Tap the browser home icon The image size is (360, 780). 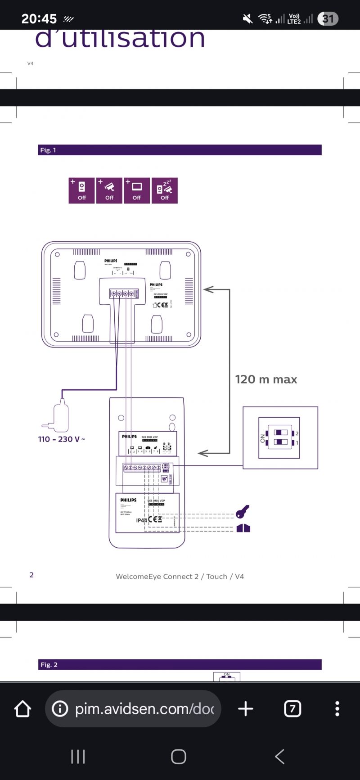pos(22,709)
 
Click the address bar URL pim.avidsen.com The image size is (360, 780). pos(144,709)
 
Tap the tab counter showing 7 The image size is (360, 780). pos(292,709)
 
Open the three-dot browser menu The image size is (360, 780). pos(337,709)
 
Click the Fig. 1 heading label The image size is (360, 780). pos(48,150)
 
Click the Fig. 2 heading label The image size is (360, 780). pos(49,665)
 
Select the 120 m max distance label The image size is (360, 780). pos(266,379)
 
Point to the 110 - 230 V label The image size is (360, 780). pos(62,439)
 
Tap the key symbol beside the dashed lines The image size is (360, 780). pos(243,512)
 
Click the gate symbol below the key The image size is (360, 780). pos(243,528)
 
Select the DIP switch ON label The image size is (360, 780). pos(263,438)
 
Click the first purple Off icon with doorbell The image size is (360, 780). pos(81,190)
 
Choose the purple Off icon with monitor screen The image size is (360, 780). pos(137,190)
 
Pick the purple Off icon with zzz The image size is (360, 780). pos(165,190)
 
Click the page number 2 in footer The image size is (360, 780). pos(31,575)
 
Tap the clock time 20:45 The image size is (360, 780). pos(39,19)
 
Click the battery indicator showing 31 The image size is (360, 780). pos(328,19)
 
